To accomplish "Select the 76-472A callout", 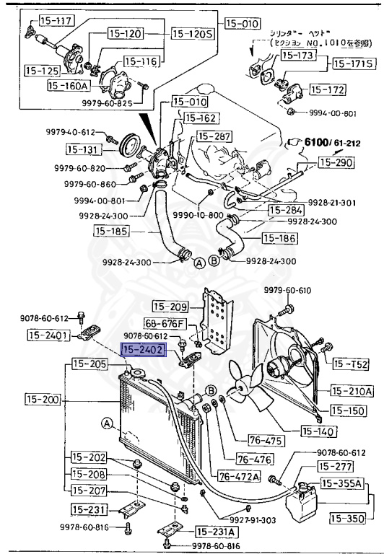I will (238, 476).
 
